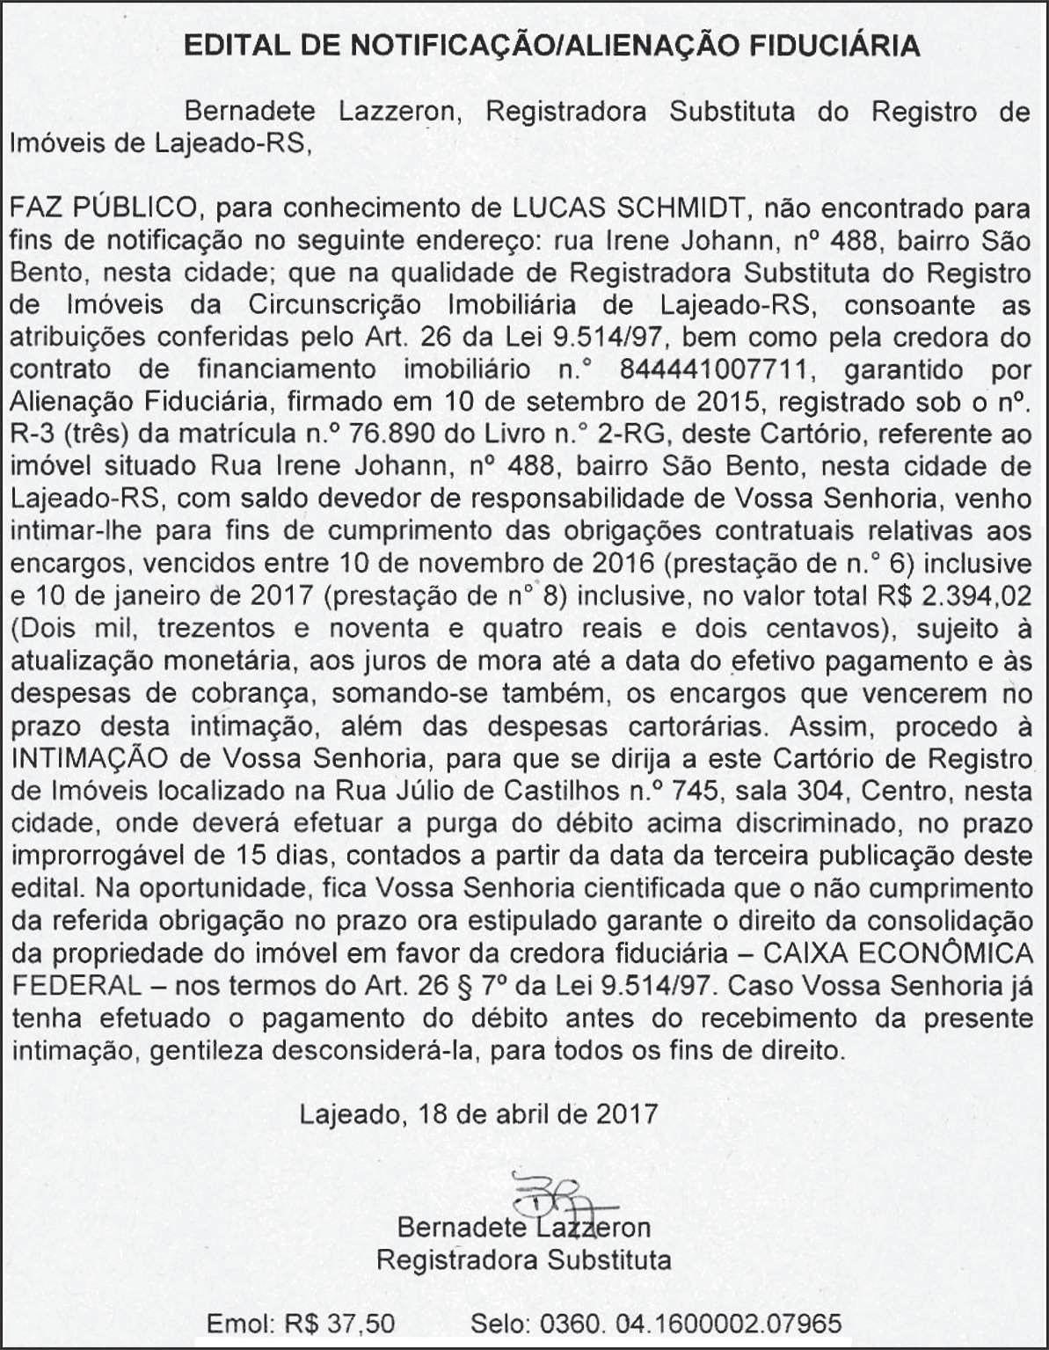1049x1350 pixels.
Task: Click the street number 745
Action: point(694,790)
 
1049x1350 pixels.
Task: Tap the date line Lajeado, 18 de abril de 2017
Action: point(478,1114)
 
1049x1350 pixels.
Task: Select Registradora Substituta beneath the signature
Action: point(524,1259)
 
